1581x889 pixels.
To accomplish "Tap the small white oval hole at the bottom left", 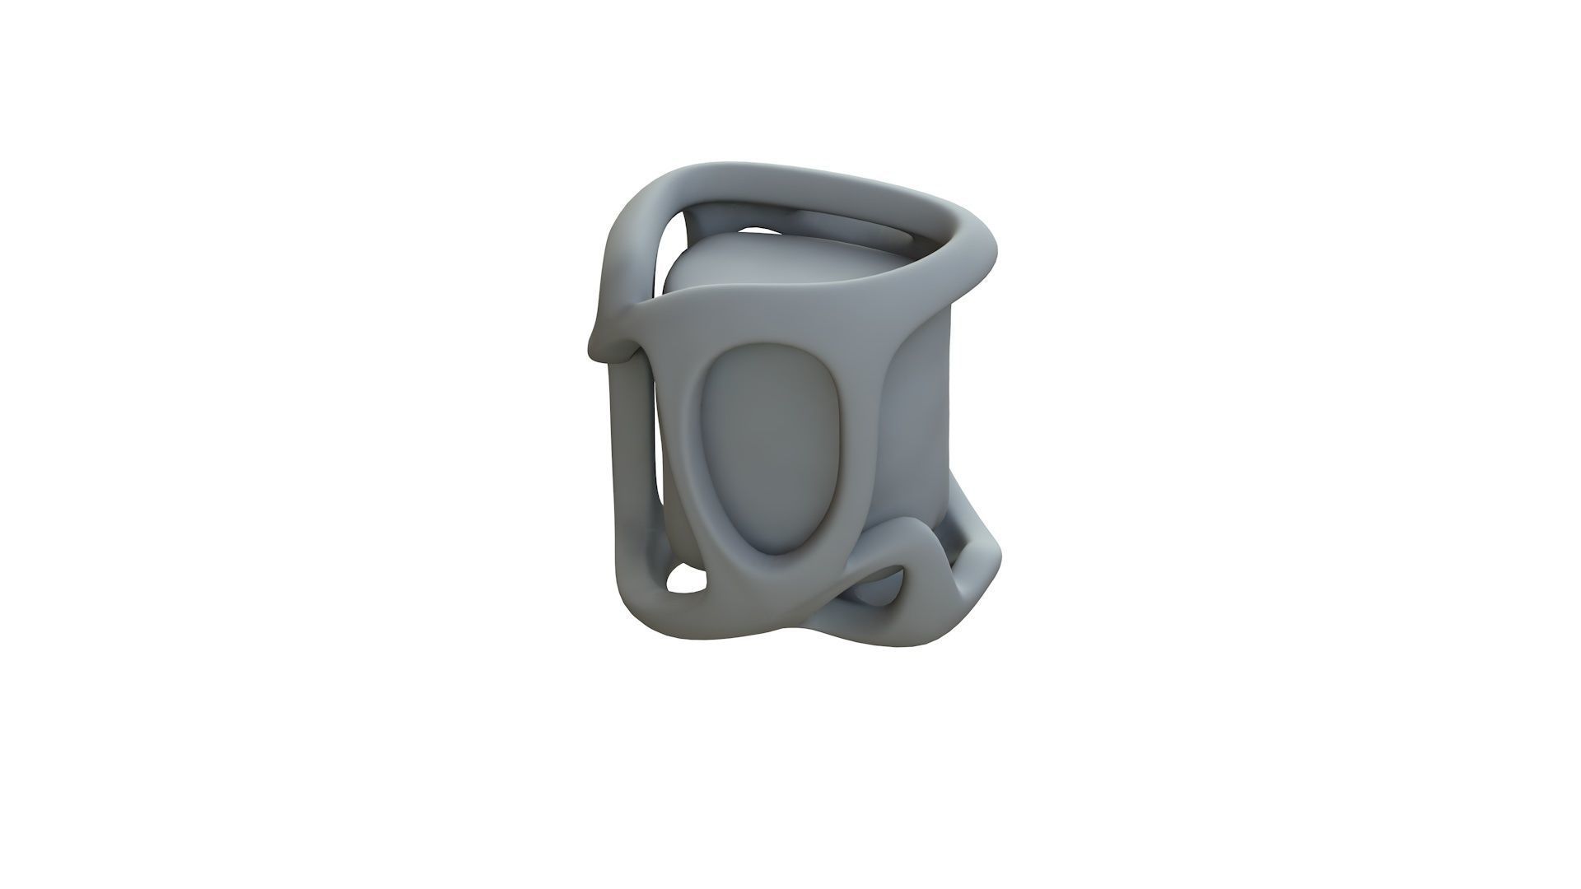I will tap(687, 580).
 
